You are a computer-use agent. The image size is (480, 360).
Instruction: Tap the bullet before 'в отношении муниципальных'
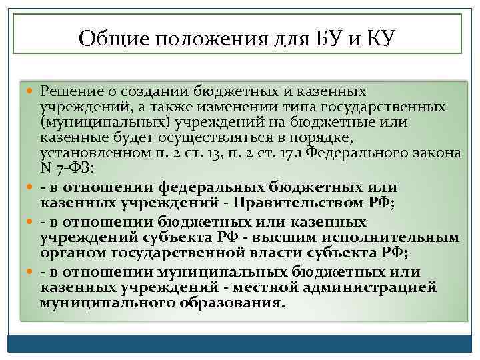pos(33,272)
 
